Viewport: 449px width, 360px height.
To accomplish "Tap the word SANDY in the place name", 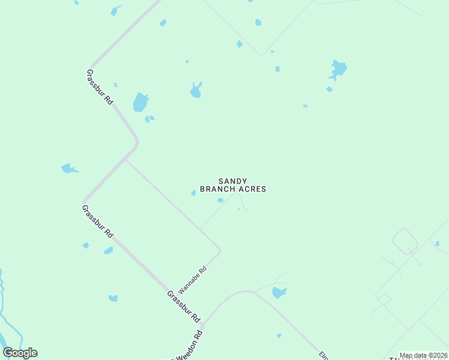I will [233, 181].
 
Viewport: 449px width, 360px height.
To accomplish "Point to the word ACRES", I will [252, 189].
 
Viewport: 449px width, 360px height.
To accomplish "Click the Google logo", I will [20, 353].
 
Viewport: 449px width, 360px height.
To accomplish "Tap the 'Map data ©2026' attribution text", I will [423, 355].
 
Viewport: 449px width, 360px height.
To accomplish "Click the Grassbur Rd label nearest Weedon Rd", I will [183, 305].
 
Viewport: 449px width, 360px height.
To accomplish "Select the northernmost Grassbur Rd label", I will [100, 88].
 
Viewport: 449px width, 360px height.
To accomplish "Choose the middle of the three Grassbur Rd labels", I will [98, 220].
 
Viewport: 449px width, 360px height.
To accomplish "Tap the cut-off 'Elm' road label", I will [324, 355].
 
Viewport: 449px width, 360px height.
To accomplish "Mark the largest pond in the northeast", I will [338, 69].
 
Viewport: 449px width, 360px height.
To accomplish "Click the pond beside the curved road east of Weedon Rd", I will [279, 292].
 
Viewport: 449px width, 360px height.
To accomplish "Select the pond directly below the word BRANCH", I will [220, 200].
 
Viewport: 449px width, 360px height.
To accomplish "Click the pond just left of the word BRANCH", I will [193, 193].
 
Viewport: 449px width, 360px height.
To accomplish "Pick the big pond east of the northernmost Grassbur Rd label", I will [140, 102].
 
